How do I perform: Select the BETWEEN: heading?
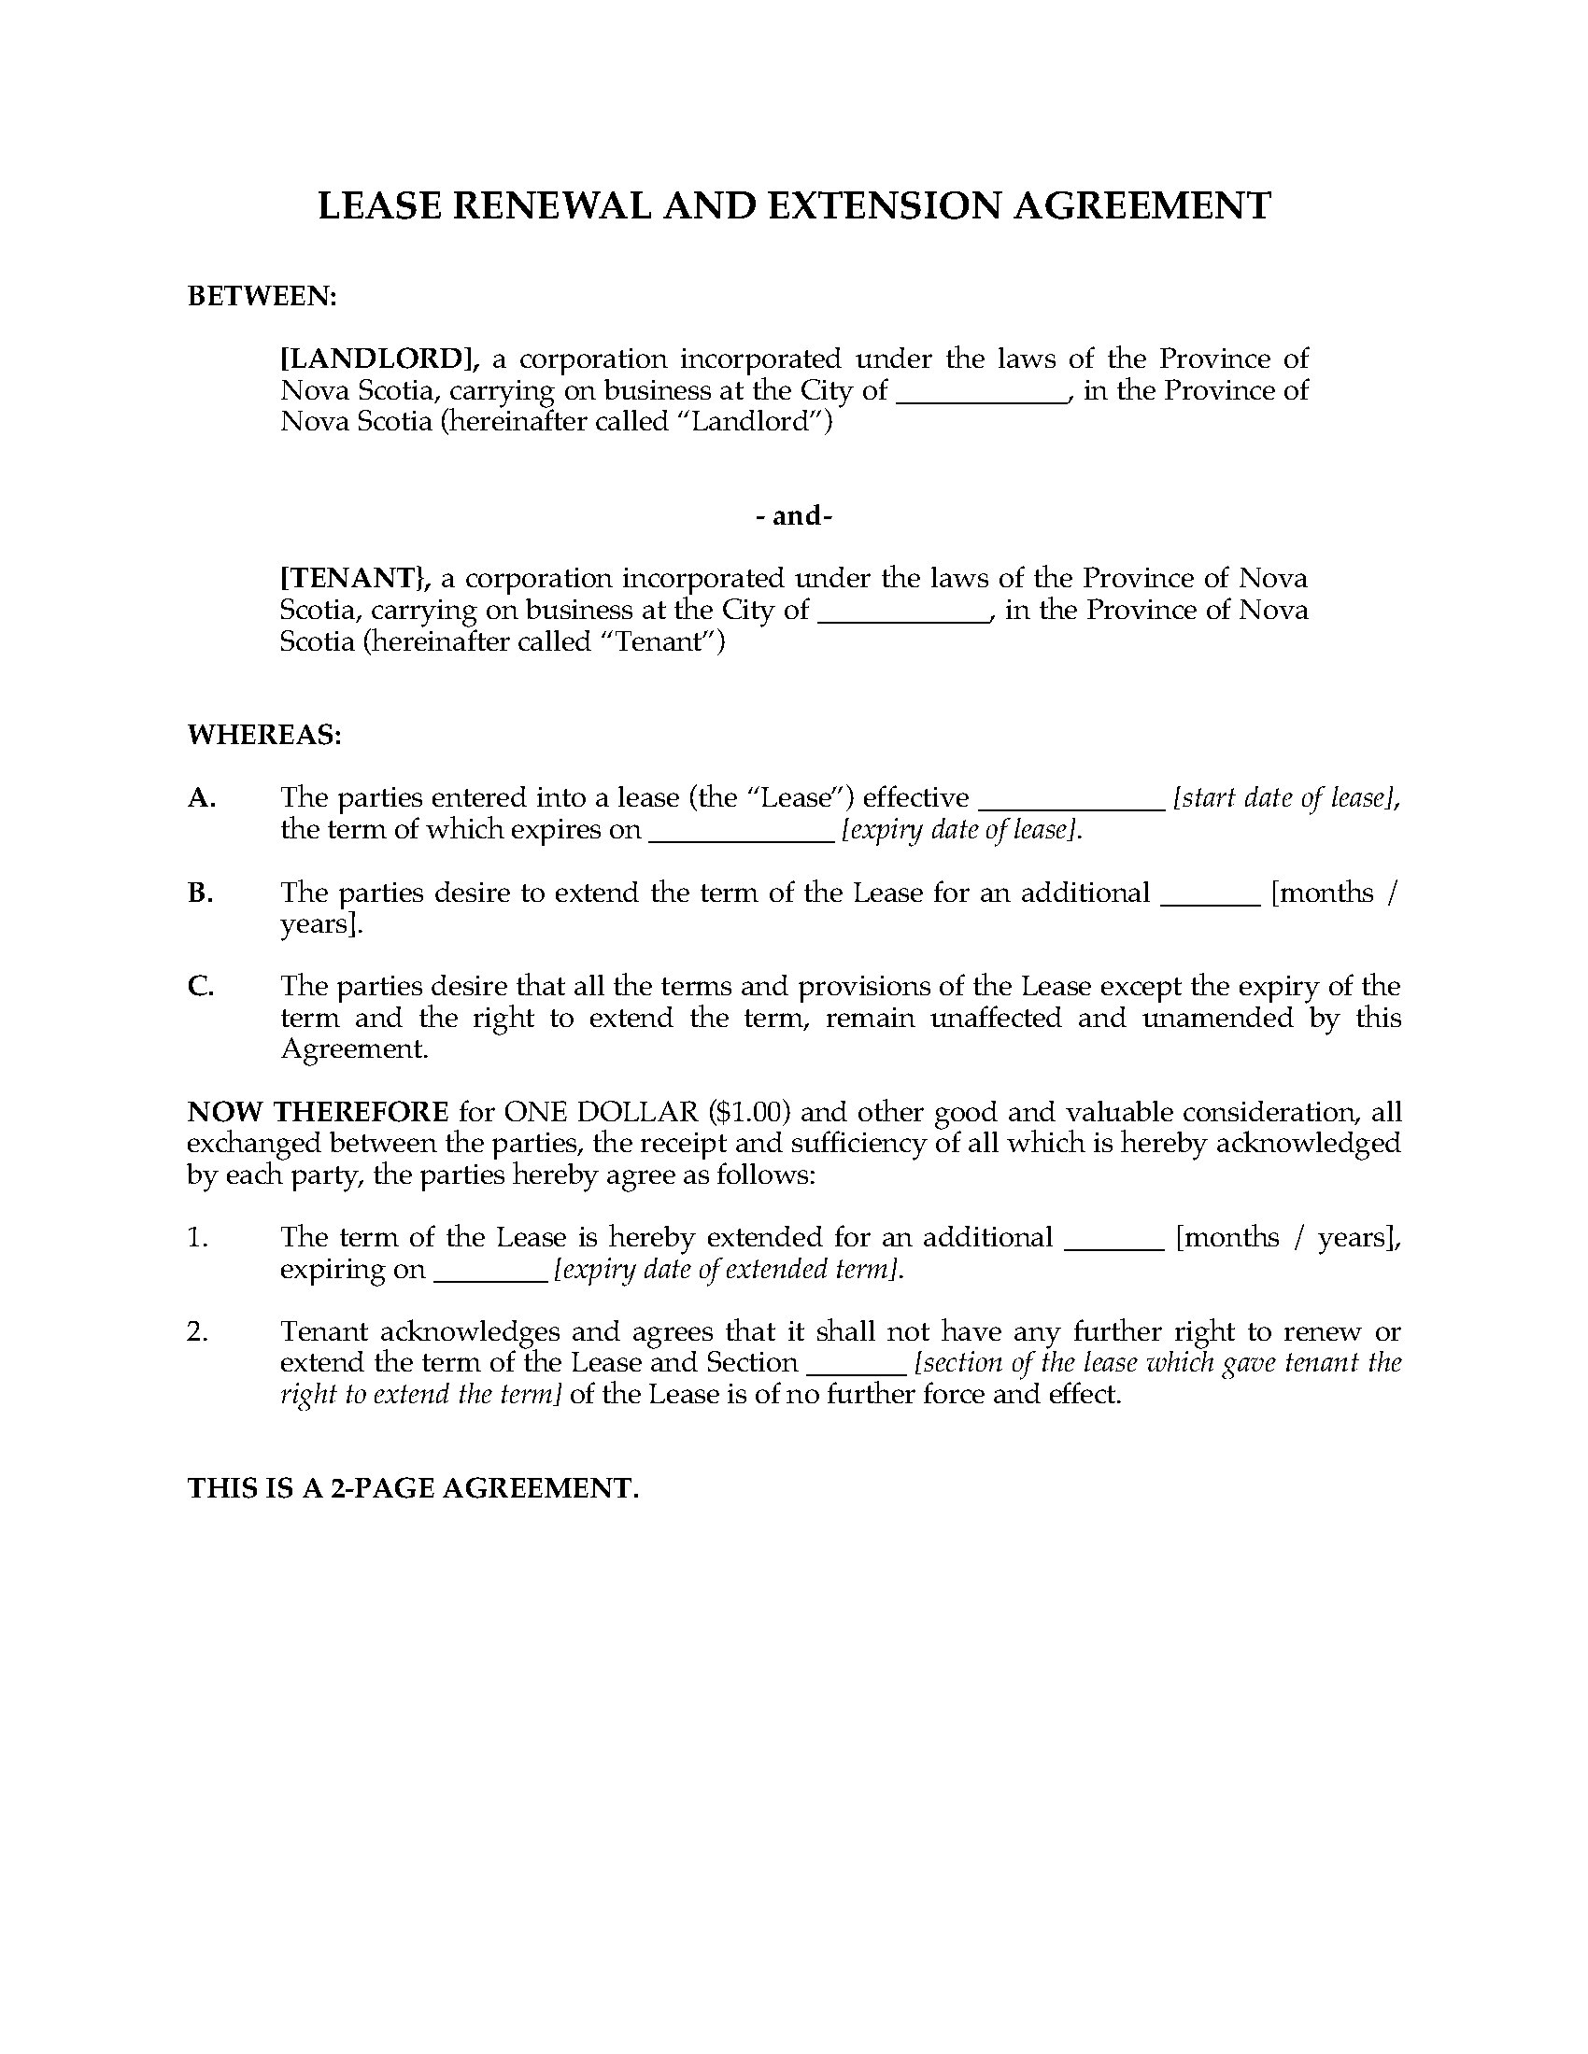(262, 296)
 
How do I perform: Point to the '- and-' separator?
(794, 515)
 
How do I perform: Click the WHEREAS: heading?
(264, 735)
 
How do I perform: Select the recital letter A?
(202, 797)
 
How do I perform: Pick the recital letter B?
(201, 893)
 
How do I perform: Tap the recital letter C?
(201, 987)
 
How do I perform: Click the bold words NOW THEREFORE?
(318, 1112)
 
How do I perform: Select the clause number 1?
(196, 1237)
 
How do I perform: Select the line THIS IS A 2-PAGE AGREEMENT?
(413, 1488)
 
